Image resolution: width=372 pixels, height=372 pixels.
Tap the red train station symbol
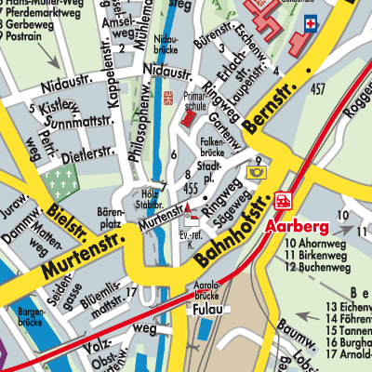(x=280, y=201)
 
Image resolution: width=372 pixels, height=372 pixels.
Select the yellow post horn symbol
(x=255, y=171)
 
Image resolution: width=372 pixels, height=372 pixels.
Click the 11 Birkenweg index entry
(x=322, y=254)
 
